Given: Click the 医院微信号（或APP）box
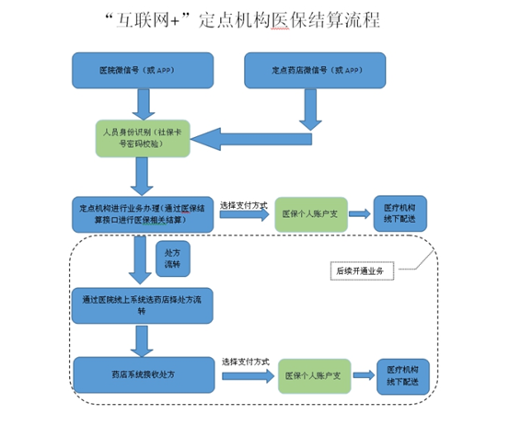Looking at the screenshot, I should pos(143,71).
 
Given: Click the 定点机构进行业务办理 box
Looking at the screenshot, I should pos(144,212).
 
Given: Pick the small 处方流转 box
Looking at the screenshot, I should pos(172,258).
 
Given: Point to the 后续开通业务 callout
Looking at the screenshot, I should pos(360,270).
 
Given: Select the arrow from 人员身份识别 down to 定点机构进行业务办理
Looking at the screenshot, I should pos(142,177).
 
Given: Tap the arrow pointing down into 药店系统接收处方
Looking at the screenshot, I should pos(142,339).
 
